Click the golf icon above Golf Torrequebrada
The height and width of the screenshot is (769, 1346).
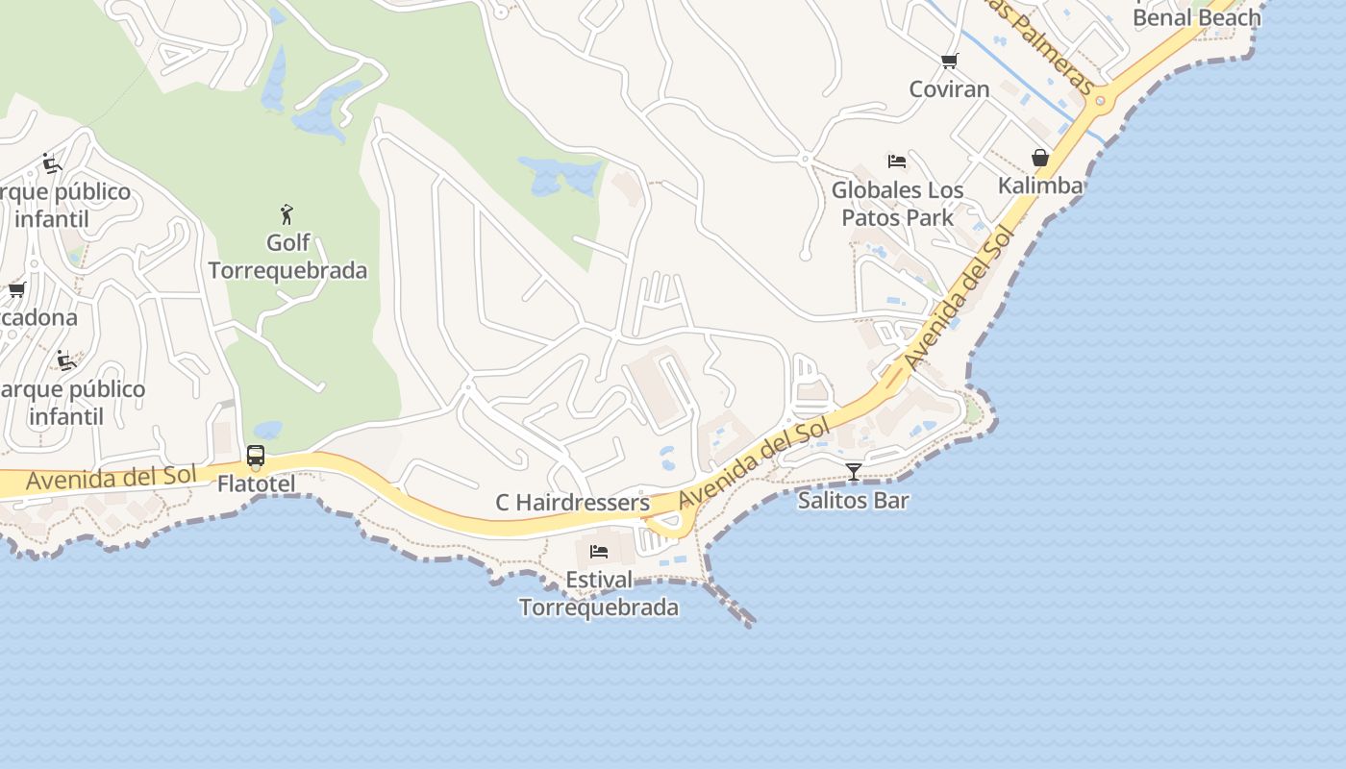[x=287, y=213]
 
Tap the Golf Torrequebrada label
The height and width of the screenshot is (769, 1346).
[x=287, y=257]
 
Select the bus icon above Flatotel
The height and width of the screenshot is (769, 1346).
[x=256, y=456]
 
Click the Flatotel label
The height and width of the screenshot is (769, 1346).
[x=257, y=484]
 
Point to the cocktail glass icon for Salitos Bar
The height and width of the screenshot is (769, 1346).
[x=853, y=472]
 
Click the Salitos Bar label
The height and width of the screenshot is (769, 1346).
[x=853, y=500]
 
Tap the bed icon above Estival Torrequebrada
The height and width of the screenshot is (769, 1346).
[x=599, y=552]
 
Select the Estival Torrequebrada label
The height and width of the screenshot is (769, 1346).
[x=599, y=593]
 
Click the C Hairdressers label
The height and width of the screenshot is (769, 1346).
[x=572, y=503]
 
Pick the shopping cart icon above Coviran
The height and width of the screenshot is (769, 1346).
[x=950, y=62]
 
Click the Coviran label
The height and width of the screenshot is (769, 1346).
[x=950, y=89]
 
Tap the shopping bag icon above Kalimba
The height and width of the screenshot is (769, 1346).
[x=1040, y=158]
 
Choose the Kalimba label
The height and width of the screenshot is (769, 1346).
[x=1040, y=186]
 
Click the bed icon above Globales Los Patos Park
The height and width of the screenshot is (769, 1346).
[x=897, y=161]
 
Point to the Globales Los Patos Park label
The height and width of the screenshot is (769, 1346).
[x=897, y=204]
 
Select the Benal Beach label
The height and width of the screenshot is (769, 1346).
[x=1196, y=17]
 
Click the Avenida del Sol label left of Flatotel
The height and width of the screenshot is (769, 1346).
[x=111, y=477]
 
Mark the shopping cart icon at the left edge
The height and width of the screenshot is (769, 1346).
[x=16, y=289]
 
